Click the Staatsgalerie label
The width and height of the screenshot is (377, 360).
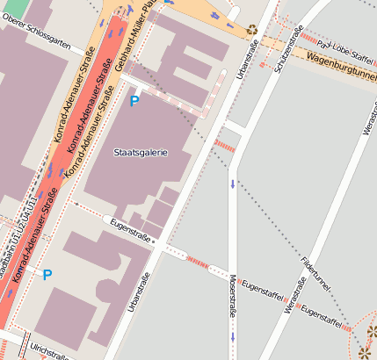pyautogui.click(x=141, y=153)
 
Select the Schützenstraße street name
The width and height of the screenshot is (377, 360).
pyautogui.click(x=287, y=50)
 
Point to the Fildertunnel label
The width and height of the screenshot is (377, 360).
pyautogui.click(x=315, y=275)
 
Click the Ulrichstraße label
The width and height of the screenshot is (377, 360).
pyautogui.click(x=49, y=350)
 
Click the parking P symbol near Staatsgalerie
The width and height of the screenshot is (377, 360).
pyautogui.click(x=134, y=103)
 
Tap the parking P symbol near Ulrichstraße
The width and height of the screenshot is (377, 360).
pyautogui.click(x=47, y=275)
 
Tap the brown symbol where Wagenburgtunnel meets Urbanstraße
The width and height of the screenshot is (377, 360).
pyautogui.click(x=252, y=29)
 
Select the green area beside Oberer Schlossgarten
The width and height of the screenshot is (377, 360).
pyautogui.click(x=14, y=8)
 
